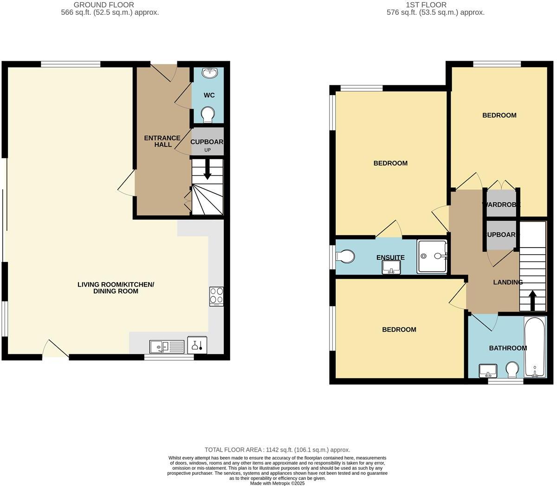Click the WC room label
209,95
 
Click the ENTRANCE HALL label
162,141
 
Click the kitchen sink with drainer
167,346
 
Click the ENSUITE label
390,257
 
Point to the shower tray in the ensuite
432,256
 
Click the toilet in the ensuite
346,256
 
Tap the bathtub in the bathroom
535,346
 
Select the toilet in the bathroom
512,370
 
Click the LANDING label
508,282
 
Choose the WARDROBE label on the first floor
501,205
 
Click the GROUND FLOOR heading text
104,5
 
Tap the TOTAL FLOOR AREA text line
277,449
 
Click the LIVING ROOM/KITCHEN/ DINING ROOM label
116,288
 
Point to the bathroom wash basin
488,371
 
